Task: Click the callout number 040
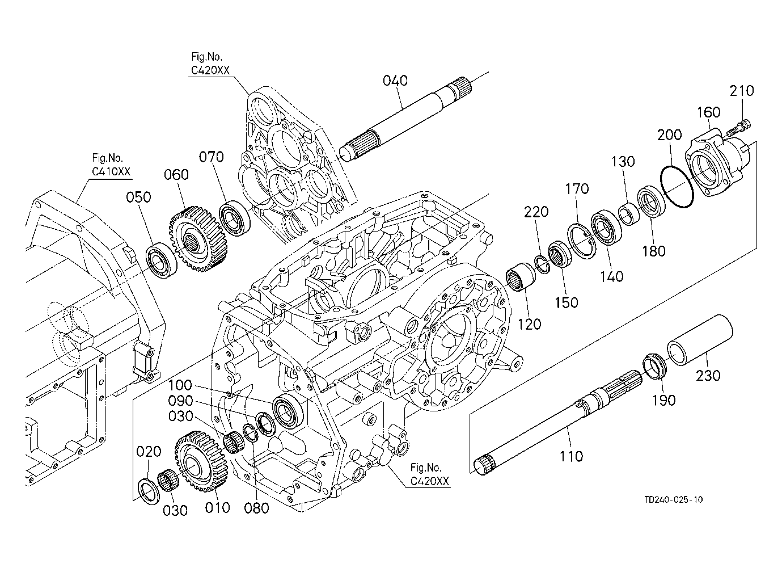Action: tap(395, 81)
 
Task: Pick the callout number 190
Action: tap(663, 400)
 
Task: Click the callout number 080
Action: tap(256, 508)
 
